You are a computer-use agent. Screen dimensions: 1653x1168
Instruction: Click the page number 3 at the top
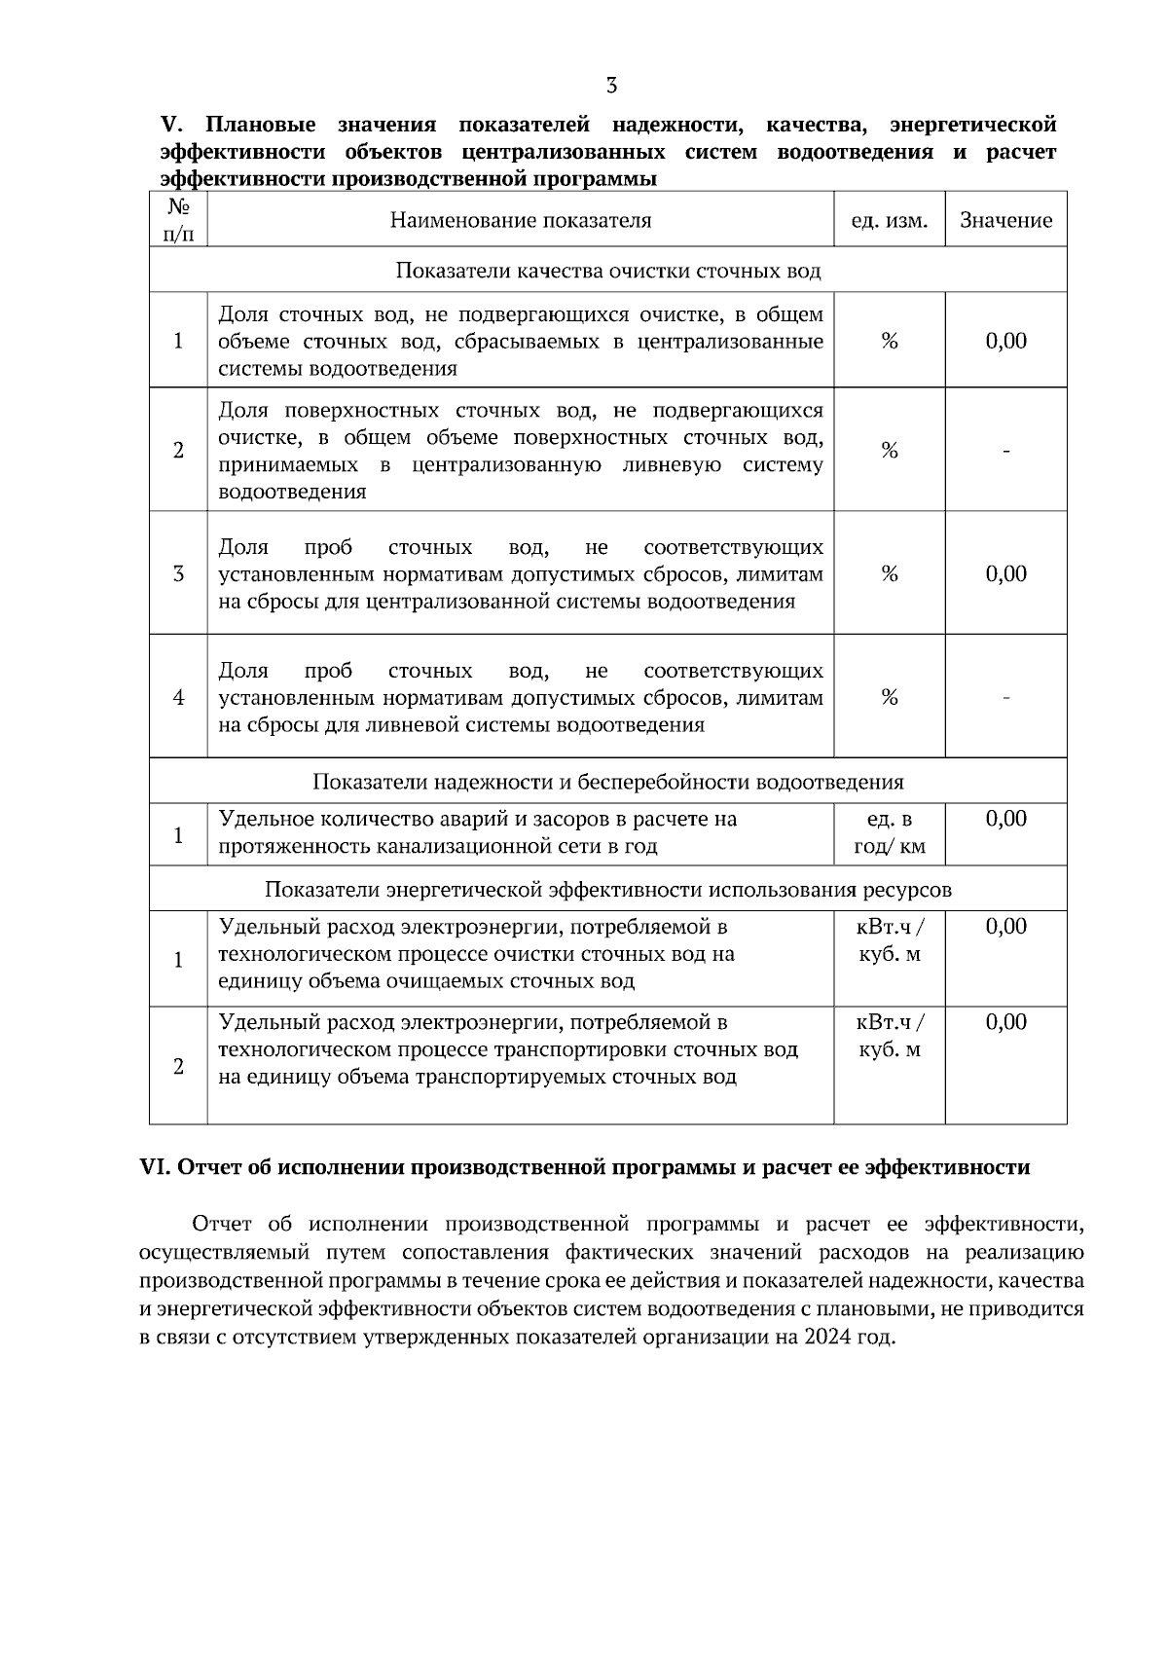coord(611,86)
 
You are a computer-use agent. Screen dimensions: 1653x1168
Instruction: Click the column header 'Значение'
coord(1005,221)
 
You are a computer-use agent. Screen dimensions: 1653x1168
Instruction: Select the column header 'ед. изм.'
coord(889,221)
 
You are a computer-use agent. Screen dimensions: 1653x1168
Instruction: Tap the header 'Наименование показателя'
coord(521,221)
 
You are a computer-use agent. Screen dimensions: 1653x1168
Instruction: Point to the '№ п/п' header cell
coord(178,220)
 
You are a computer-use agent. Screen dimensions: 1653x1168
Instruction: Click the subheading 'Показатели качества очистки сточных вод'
coord(607,271)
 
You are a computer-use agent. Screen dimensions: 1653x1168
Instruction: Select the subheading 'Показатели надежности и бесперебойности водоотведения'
coord(607,782)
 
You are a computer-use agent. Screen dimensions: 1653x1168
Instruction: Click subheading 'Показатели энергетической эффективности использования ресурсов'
coord(607,890)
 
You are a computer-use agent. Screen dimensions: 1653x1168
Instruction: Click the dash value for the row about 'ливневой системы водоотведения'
coord(1005,698)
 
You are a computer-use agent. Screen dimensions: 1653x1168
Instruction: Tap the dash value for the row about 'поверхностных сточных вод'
coord(1005,451)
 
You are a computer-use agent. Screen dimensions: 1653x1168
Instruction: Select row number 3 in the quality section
coord(178,574)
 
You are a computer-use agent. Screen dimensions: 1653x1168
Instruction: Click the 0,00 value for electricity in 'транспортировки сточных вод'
coord(1005,1022)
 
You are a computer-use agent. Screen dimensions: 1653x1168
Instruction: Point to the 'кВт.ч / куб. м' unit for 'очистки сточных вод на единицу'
coord(889,940)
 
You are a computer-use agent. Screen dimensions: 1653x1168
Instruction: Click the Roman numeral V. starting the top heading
coord(171,126)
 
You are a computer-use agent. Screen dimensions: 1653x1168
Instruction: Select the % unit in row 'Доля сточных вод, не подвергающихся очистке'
coord(889,342)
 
